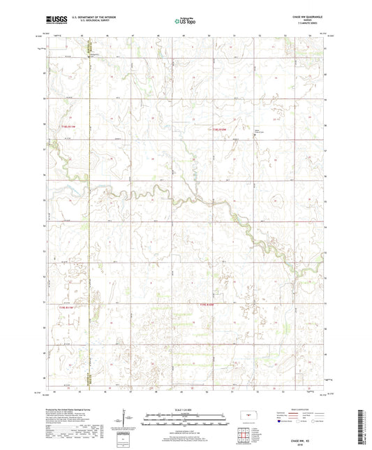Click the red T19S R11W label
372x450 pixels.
[x=60, y=126]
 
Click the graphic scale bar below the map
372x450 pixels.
[x=185, y=420]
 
